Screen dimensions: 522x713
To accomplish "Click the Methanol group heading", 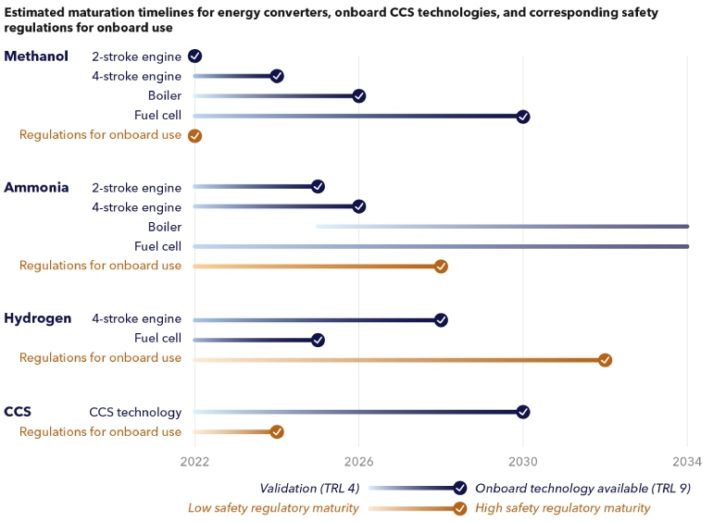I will coord(36,56).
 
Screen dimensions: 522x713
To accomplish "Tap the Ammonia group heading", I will coord(36,187).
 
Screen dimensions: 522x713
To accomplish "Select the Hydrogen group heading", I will coord(38,318).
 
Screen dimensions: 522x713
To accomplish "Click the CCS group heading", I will coord(18,412).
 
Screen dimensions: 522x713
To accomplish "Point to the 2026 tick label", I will coord(358,461).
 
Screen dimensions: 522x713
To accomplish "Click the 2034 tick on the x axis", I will coord(687,461).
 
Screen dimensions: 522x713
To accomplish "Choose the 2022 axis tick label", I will coord(194,461).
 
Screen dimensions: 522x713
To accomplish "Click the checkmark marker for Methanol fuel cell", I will coord(523,117).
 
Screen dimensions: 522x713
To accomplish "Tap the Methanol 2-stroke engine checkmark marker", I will coord(194,56).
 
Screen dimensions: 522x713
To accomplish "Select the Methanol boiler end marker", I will coord(359,96).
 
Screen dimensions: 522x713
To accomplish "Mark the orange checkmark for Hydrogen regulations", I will coord(605,360).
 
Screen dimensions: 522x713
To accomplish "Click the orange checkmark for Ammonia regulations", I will coord(441,267).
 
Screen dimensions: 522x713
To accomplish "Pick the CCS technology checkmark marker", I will coord(523,412).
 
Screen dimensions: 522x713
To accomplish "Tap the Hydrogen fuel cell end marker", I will coord(318,340).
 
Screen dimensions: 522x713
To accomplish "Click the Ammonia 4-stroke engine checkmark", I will coord(359,206).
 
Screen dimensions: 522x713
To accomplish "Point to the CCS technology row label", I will coord(135,412).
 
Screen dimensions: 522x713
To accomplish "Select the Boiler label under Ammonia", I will coord(165,227).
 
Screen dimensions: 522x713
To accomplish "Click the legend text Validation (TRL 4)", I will coord(308,488).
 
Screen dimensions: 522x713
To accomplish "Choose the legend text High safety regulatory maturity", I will coord(562,508).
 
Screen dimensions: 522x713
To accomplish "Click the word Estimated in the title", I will coord(37,12).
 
